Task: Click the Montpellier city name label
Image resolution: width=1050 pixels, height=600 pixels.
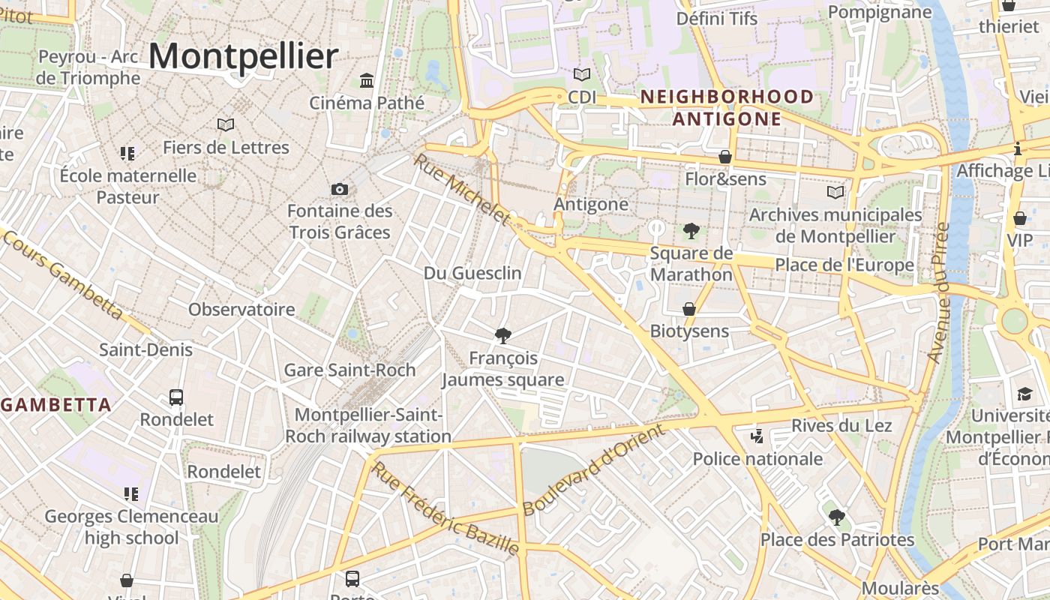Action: (x=244, y=57)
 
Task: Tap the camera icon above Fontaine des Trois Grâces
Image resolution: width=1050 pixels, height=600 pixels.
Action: (x=340, y=189)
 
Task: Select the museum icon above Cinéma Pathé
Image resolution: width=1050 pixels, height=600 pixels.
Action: (x=367, y=80)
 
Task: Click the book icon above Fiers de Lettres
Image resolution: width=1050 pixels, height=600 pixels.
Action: (x=226, y=124)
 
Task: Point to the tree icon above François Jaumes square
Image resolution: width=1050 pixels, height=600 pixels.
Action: (x=503, y=335)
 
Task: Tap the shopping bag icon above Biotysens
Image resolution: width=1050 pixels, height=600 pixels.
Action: (x=689, y=309)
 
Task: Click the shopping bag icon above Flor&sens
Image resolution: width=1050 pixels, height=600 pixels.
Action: (x=725, y=157)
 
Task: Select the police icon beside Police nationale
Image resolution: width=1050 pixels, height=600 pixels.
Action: (x=757, y=436)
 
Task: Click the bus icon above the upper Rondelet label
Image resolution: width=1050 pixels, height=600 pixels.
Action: (x=176, y=397)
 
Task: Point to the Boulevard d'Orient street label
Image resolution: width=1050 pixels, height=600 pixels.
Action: (x=593, y=469)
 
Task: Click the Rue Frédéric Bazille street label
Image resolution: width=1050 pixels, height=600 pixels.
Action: (x=445, y=508)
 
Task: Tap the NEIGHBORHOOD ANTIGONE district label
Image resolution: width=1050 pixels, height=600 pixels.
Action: (x=727, y=107)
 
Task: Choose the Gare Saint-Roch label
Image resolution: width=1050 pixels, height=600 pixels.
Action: (x=349, y=370)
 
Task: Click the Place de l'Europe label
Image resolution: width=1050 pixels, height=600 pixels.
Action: (x=844, y=265)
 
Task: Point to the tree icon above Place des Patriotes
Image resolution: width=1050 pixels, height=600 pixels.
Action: (x=837, y=517)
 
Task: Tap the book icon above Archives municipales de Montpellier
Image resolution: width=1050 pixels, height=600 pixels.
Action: (x=835, y=193)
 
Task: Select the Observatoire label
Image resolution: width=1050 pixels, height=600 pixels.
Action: (x=241, y=309)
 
